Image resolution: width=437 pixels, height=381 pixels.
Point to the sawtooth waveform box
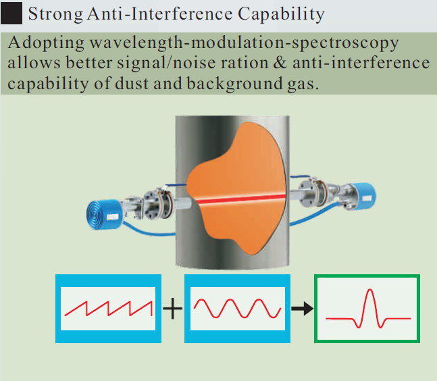(x=107, y=309)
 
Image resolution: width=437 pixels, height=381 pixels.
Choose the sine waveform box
(x=236, y=309)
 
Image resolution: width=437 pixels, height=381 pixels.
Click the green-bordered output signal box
(x=367, y=309)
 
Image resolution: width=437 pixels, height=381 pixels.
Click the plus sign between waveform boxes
(x=173, y=309)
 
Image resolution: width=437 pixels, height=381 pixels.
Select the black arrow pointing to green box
(x=301, y=309)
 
